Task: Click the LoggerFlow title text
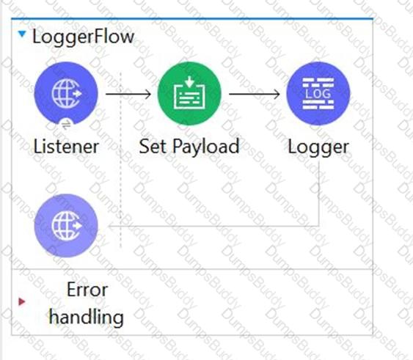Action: (x=83, y=37)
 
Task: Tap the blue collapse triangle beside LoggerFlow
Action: (x=22, y=34)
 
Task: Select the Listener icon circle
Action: (x=66, y=94)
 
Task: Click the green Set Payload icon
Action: (x=189, y=94)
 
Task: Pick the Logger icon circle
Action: (x=318, y=94)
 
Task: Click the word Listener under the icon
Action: (x=66, y=147)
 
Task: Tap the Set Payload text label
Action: (x=189, y=147)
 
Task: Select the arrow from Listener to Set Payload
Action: (x=128, y=94)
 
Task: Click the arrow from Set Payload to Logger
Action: (x=255, y=94)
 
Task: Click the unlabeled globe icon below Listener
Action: (x=66, y=225)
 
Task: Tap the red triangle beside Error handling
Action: (x=22, y=301)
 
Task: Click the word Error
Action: (x=87, y=290)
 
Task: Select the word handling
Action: (x=87, y=317)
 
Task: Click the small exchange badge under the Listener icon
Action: (x=66, y=125)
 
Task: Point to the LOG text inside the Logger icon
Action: (x=318, y=94)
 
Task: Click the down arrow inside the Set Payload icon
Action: (x=189, y=81)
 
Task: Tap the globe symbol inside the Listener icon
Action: (x=67, y=94)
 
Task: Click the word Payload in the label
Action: (x=206, y=147)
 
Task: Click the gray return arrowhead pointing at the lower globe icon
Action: (x=112, y=226)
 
